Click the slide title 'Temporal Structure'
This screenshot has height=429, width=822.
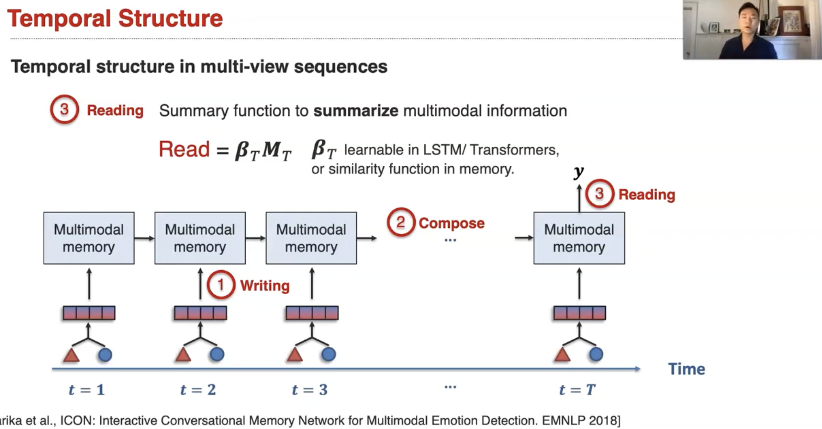click(x=115, y=19)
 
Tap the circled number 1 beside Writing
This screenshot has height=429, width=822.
click(x=221, y=285)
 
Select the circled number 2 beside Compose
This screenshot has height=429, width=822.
click(x=401, y=222)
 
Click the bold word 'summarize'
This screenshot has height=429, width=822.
click(x=356, y=111)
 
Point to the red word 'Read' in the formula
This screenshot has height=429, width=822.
click(x=184, y=149)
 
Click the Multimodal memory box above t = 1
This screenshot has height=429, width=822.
click(x=89, y=238)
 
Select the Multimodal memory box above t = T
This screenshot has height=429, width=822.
click(x=579, y=238)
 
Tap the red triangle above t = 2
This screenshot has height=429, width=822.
click(x=183, y=355)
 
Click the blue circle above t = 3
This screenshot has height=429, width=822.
click(x=328, y=354)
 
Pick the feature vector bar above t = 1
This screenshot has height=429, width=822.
click(x=89, y=313)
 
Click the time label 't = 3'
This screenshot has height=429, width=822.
click(x=310, y=390)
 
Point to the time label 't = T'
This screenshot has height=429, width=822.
click(x=577, y=390)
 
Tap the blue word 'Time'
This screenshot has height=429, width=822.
click(x=686, y=369)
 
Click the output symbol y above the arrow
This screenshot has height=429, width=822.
click(x=578, y=172)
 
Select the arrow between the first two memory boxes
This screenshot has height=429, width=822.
click(x=144, y=238)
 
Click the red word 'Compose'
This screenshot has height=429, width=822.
click(x=451, y=223)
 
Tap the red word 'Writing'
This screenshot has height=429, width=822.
click(x=265, y=286)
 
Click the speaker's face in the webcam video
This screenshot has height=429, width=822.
click(x=749, y=21)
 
